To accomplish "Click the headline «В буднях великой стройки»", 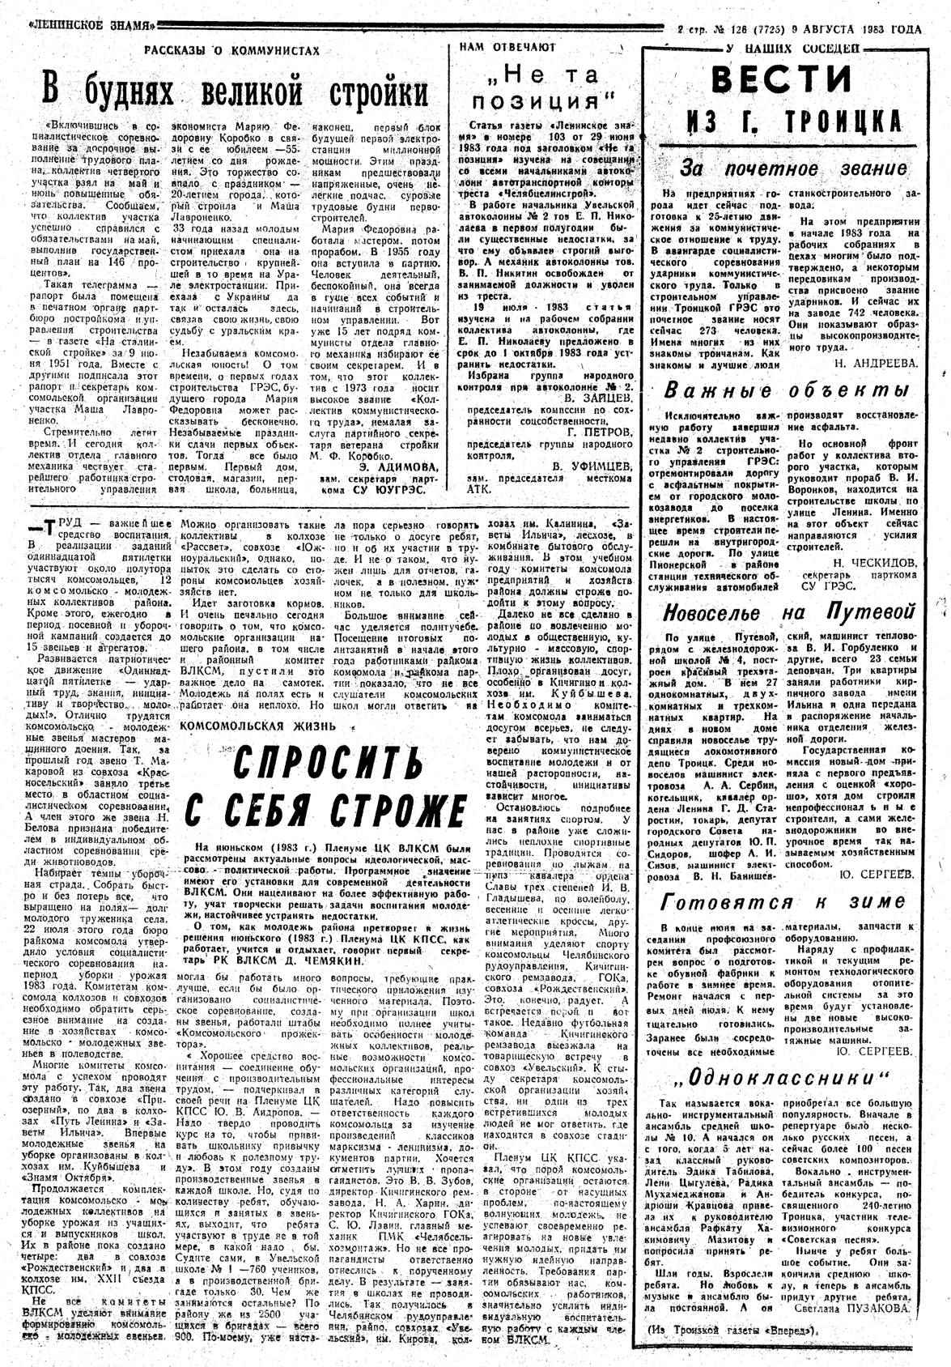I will tap(236, 90).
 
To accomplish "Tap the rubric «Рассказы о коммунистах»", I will tap(231, 50).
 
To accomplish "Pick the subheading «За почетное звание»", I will tap(793, 169).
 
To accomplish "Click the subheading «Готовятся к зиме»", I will tap(783, 901).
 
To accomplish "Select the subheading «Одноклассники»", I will tap(782, 1078).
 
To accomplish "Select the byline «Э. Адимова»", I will tap(398, 466).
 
